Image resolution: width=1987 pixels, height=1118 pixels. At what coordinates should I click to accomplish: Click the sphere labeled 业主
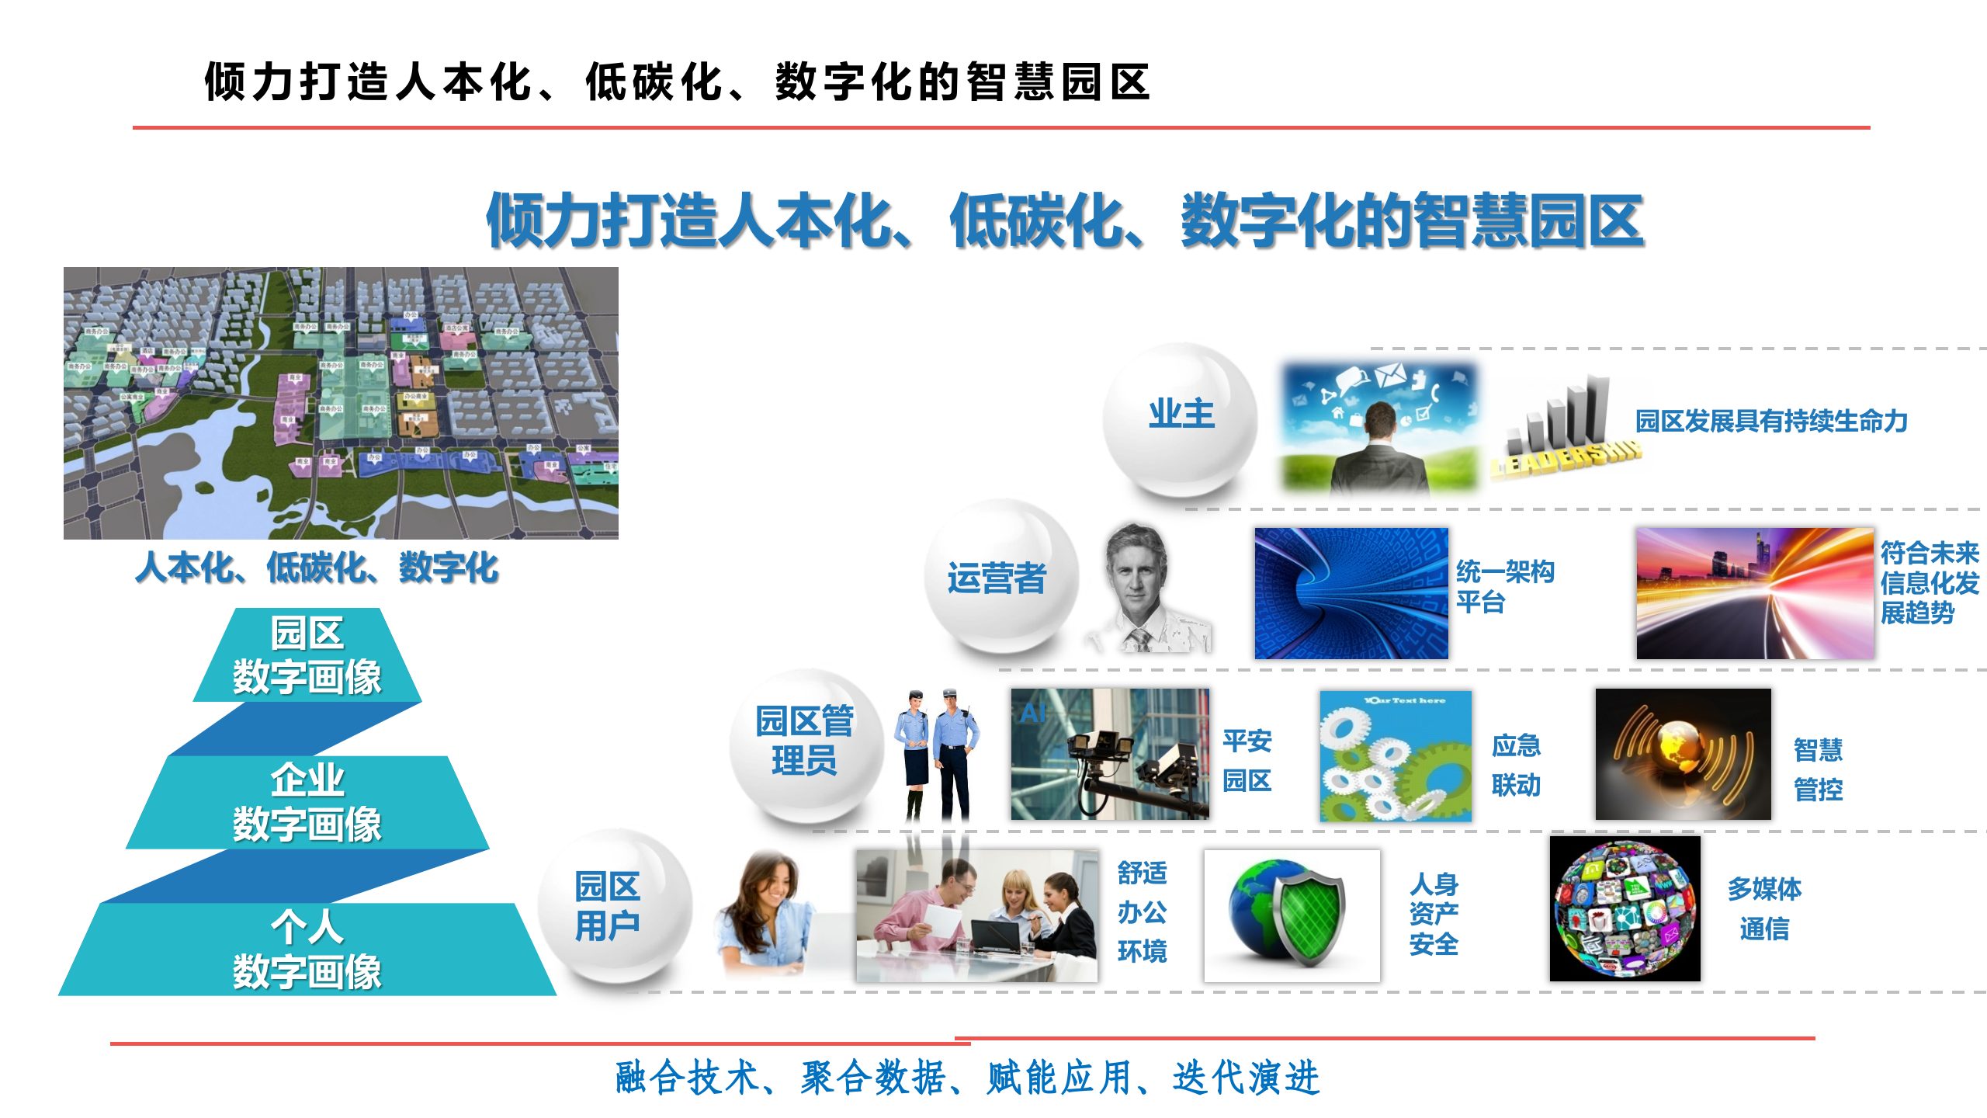point(1180,419)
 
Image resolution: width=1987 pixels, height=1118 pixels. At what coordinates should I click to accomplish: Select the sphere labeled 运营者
point(1000,576)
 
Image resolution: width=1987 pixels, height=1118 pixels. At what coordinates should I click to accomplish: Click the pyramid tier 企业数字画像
point(307,803)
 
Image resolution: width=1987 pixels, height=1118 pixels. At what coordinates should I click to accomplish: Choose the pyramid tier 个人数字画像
point(307,949)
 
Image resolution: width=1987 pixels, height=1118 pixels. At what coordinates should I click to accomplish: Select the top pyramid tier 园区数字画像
point(307,655)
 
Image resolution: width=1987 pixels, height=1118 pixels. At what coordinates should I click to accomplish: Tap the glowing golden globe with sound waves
point(1683,753)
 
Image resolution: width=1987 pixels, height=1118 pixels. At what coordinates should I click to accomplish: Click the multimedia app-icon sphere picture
point(1625,908)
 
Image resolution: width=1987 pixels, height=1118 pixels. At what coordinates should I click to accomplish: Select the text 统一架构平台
point(1504,586)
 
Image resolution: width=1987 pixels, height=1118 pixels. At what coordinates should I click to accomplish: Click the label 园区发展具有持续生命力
point(1771,422)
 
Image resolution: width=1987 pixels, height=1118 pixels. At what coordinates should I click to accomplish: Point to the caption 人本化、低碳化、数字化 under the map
point(317,568)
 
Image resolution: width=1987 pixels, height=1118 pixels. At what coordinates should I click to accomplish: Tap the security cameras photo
point(1109,753)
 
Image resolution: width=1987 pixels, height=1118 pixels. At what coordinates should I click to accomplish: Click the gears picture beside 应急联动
point(1396,756)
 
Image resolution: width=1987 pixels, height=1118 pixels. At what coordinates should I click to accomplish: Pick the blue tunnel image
point(1351,593)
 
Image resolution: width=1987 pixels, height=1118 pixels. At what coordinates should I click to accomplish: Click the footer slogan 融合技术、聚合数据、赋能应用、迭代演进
point(967,1078)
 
